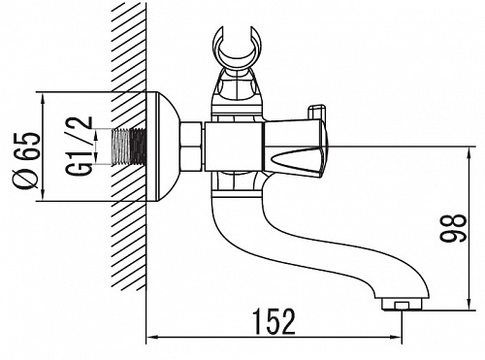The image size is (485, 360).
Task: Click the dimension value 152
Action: tap(275, 321)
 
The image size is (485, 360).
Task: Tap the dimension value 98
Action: tap(453, 227)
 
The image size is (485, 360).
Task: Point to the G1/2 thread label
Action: tap(80, 146)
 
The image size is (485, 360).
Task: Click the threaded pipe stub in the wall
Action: tap(129, 147)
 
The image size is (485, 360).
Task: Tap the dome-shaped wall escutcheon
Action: tap(163, 147)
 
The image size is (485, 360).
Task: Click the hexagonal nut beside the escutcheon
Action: tap(191, 147)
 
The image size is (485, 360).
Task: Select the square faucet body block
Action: tap(234, 147)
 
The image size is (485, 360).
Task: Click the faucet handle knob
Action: tap(296, 148)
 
